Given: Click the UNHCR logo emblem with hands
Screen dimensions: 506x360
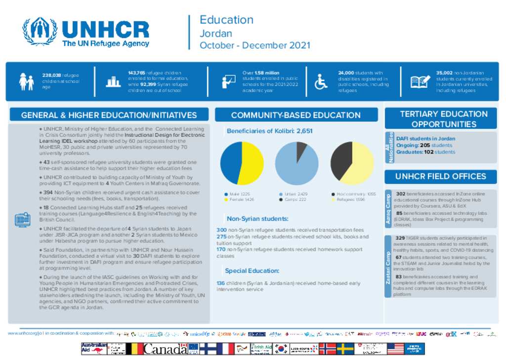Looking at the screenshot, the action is click(x=40, y=32).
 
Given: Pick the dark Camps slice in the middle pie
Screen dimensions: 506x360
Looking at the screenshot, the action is click(x=300, y=151).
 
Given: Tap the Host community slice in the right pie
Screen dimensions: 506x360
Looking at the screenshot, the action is click(x=340, y=160).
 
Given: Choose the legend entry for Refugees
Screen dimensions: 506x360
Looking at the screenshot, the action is click(x=351, y=200).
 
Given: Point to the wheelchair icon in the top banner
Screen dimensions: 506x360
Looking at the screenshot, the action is click(x=321, y=81).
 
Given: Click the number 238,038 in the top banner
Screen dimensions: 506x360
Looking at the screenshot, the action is click(x=51, y=75).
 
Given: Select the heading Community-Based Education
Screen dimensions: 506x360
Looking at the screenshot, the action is click(x=295, y=115).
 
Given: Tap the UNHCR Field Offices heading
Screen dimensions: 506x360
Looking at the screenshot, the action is click(x=440, y=176).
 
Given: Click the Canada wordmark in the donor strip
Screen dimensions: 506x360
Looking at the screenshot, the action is click(x=165, y=349).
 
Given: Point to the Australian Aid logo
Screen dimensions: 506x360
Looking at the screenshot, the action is click(x=94, y=349).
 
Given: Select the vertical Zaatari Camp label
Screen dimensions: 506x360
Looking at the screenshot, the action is click(x=388, y=267).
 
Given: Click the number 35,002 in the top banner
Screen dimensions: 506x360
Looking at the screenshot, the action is click(x=445, y=73).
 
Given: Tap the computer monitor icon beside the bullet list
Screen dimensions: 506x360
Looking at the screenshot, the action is click(x=23, y=219).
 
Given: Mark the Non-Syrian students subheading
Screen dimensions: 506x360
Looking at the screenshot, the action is click(x=257, y=219).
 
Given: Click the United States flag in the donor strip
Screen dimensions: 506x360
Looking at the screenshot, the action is click(x=395, y=349).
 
